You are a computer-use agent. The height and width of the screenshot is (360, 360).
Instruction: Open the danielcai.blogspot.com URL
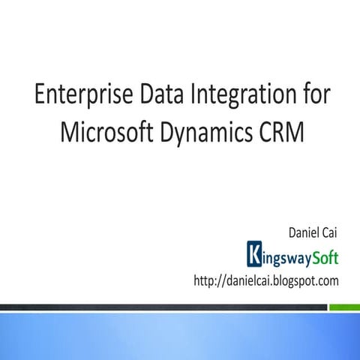[267, 280]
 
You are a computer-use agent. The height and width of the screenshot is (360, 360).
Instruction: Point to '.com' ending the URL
[328, 281]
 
